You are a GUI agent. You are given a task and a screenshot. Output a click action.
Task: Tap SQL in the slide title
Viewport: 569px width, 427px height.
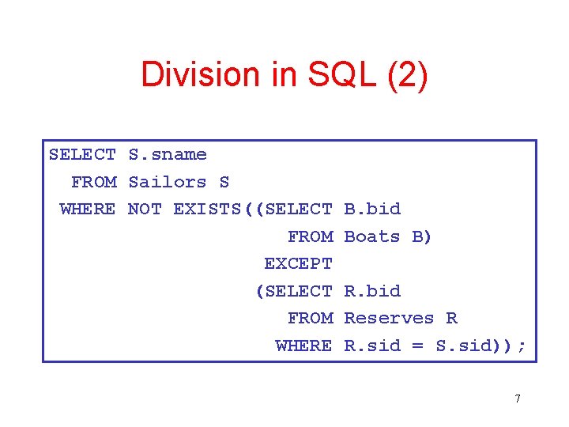[322, 74]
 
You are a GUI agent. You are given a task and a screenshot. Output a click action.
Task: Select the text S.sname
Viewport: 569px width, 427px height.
[168, 154]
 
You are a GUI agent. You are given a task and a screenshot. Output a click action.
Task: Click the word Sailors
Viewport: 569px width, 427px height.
[167, 182]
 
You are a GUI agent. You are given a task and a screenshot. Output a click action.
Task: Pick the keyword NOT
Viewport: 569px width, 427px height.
[145, 209]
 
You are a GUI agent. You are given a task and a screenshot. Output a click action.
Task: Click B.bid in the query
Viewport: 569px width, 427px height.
[372, 209]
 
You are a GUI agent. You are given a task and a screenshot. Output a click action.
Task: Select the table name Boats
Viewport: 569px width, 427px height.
[372, 236]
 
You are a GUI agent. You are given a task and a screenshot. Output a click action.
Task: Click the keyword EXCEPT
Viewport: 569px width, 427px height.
[298, 263]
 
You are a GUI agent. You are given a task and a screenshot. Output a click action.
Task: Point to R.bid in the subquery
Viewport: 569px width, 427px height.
[372, 291]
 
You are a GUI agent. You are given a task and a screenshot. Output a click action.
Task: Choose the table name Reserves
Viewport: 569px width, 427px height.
[389, 318]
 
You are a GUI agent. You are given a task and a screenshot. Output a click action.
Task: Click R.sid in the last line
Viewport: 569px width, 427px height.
[372, 346]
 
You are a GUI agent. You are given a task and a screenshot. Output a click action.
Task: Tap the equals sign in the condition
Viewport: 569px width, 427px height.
[418, 346]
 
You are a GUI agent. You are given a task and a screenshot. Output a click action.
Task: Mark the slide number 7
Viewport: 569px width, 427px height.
[518, 399]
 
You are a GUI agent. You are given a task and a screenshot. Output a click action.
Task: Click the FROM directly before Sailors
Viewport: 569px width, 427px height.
[93, 182]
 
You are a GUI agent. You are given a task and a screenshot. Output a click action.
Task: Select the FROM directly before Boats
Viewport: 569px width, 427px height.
[310, 236]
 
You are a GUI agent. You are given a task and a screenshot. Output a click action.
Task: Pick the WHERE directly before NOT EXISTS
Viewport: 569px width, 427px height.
[88, 209]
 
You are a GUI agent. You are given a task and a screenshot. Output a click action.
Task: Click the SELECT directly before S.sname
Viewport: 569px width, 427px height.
[82, 154]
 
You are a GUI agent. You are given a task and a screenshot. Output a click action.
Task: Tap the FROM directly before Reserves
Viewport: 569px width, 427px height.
[310, 318]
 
